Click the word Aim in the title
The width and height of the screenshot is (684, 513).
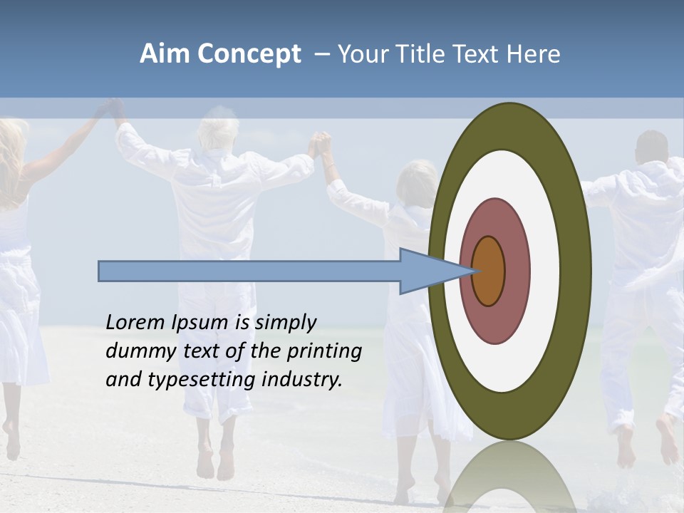[x=166, y=54]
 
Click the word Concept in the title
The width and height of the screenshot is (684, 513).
[x=249, y=54]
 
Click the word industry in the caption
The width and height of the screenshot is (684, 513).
[x=302, y=379]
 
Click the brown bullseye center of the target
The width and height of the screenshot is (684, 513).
[x=489, y=271]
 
